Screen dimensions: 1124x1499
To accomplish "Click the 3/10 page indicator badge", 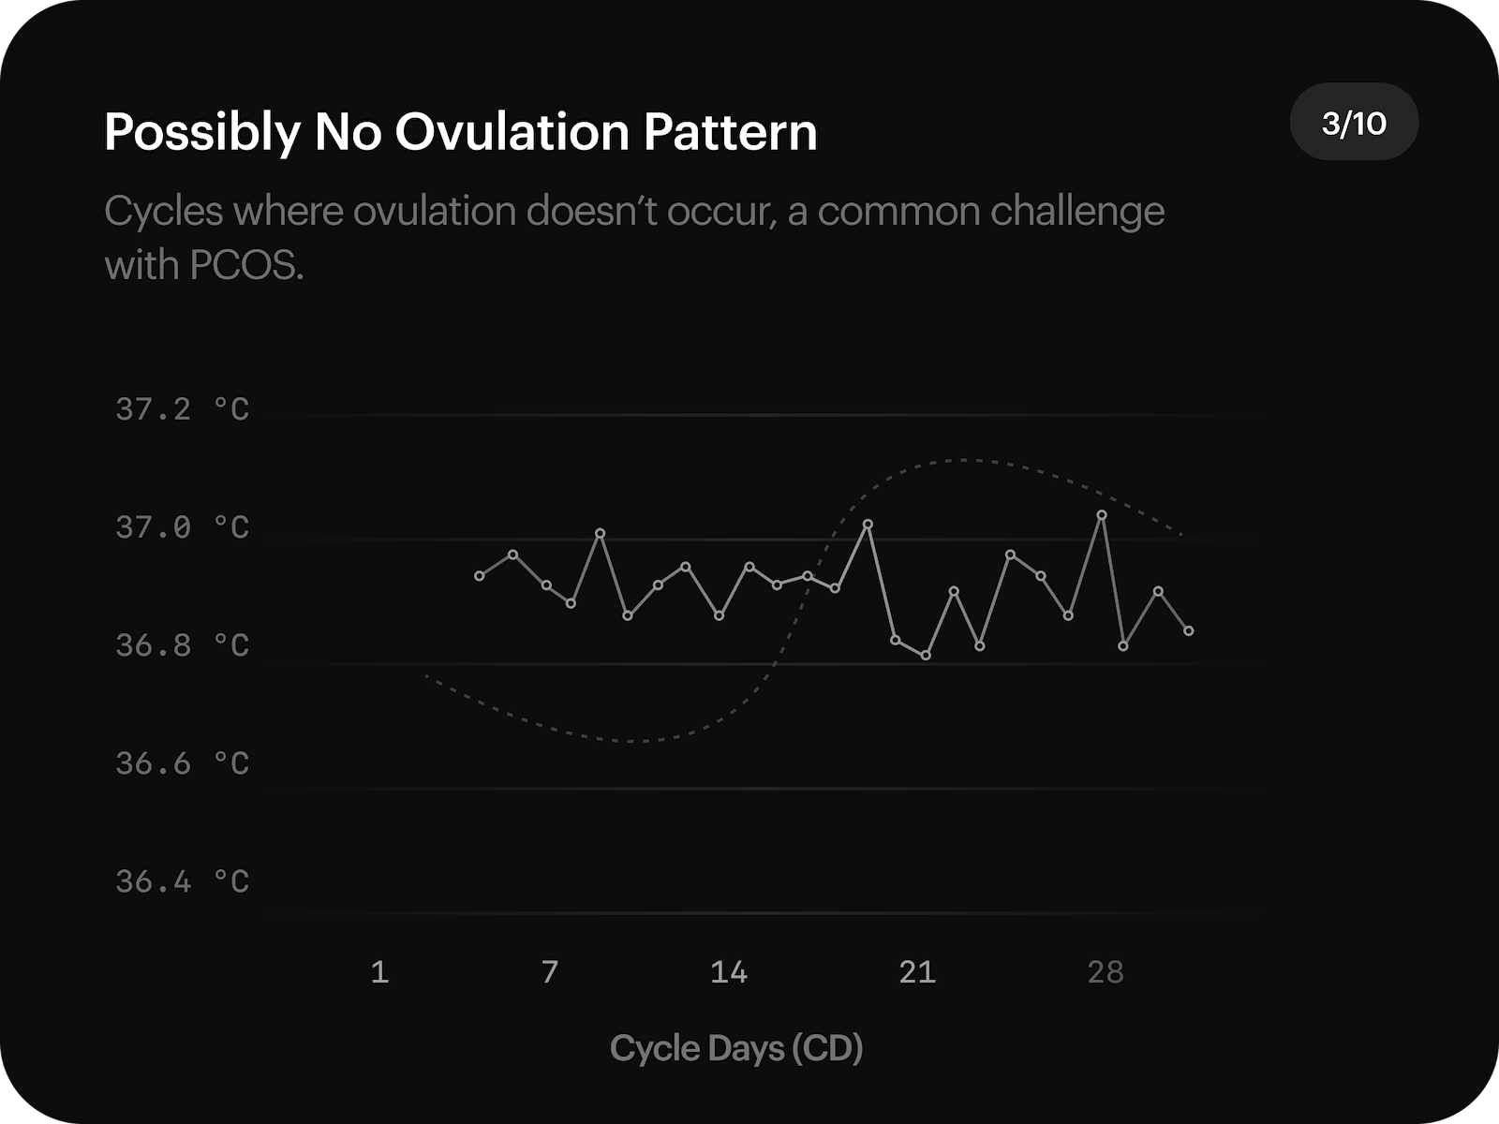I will point(1354,123).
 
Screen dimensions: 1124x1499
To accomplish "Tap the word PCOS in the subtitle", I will point(246,266).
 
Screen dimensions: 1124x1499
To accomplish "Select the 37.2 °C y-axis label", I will point(183,409).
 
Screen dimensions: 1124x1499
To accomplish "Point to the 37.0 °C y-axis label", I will point(183,527).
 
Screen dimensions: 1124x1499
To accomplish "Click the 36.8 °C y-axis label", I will point(183,645).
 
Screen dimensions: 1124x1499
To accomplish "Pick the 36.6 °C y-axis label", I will point(183,763).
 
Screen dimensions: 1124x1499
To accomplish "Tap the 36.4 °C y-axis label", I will point(183,881).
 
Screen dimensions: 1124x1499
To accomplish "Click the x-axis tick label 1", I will point(379,972).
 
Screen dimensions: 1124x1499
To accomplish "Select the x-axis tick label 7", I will point(550,972).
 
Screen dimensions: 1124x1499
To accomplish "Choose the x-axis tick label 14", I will point(729,972).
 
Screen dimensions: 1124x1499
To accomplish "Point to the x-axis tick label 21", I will point(917,972).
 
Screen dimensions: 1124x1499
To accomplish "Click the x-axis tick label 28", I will point(1106,972).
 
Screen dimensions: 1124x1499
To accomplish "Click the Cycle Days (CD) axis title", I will point(736,1048).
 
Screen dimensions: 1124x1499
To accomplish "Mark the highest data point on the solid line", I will point(1102,514).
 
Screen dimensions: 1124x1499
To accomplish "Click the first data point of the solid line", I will point(480,576).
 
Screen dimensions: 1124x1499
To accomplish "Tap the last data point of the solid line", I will point(1189,631).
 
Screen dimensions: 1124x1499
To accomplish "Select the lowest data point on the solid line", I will point(926,656).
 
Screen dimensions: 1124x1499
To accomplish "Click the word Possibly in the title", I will point(200,132).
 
